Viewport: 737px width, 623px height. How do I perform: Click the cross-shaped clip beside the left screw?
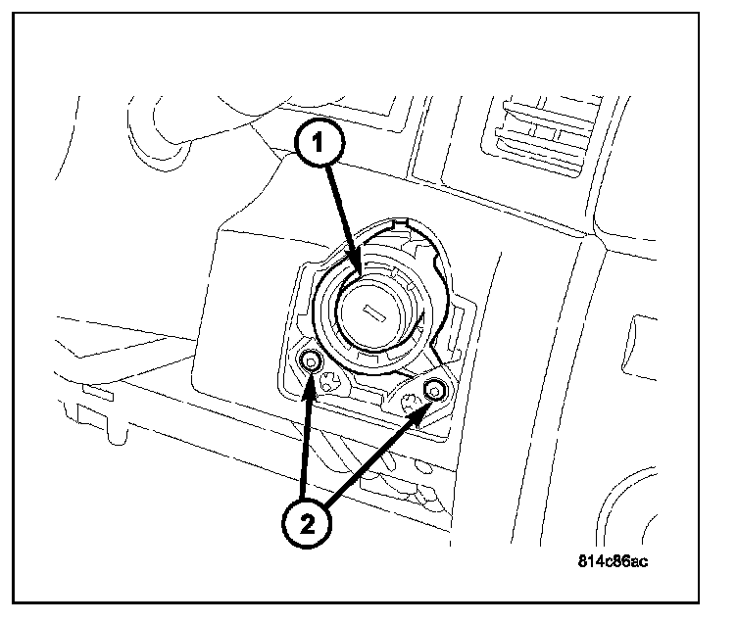331,382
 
